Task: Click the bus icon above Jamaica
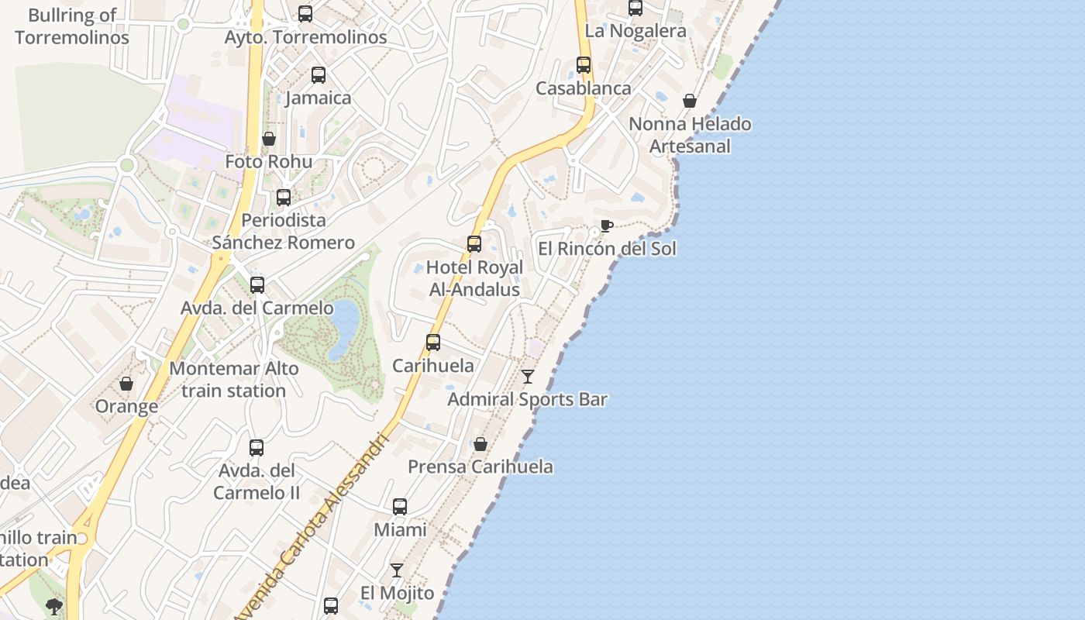point(318,75)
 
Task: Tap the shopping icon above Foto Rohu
point(269,139)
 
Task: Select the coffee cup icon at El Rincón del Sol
point(606,226)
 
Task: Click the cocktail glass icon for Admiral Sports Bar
point(528,377)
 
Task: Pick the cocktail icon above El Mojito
point(397,570)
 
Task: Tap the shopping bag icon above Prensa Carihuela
point(480,444)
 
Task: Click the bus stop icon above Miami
point(400,507)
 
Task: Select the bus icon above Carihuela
point(433,342)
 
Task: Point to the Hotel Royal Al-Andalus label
point(475,278)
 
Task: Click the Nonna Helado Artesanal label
point(690,135)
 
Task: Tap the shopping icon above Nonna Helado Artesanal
point(690,101)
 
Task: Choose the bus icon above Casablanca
point(584,65)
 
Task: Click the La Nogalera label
point(635,31)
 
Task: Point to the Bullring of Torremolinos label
point(72,26)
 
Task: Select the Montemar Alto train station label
point(234,380)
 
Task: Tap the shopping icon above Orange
point(126,384)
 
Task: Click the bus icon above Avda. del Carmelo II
point(257,447)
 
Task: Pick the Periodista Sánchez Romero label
point(284,231)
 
